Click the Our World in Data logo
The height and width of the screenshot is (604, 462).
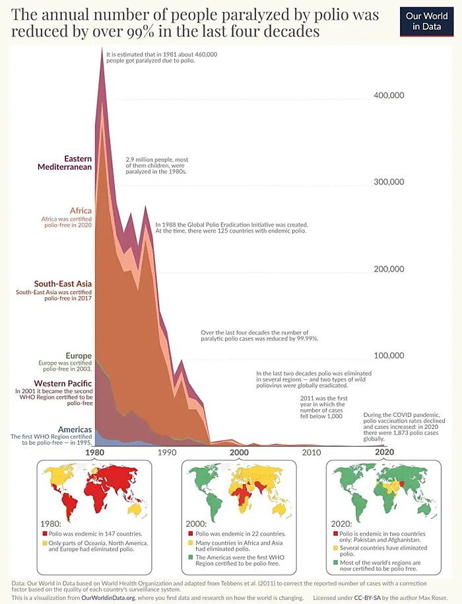tap(427, 21)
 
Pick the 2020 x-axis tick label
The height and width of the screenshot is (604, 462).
tap(383, 453)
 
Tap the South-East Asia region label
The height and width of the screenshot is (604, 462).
tap(63, 283)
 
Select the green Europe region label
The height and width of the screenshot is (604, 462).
tap(79, 356)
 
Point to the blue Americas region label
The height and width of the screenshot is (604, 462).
tap(74, 429)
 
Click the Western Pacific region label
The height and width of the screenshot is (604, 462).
tap(62, 383)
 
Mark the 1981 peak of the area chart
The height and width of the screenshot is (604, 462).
tap(102, 50)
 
